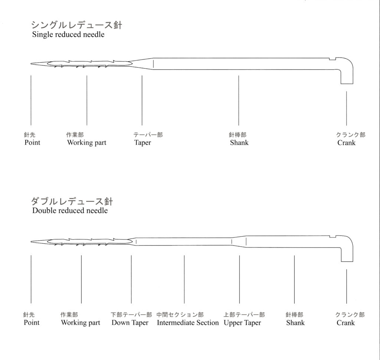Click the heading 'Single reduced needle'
(68, 35)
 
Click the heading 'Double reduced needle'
(70, 210)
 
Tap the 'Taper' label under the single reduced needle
(142, 143)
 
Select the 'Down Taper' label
(130, 322)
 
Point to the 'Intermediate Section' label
(187, 322)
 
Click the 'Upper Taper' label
(242, 322)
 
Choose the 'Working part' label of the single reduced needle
(86, 143)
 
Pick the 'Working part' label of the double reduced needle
(81, 322)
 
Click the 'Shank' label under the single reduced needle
(239, 143)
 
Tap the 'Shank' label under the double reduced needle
(295, 322)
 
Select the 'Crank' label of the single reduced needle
(346, 143)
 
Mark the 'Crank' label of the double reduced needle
(345, 322)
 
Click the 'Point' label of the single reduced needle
(32, 142)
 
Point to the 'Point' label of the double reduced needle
(32, 322)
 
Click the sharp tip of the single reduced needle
(31, 64)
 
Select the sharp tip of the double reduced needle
(31, 241)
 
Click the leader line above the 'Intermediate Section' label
(184, 279)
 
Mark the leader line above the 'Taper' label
(142, 100)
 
